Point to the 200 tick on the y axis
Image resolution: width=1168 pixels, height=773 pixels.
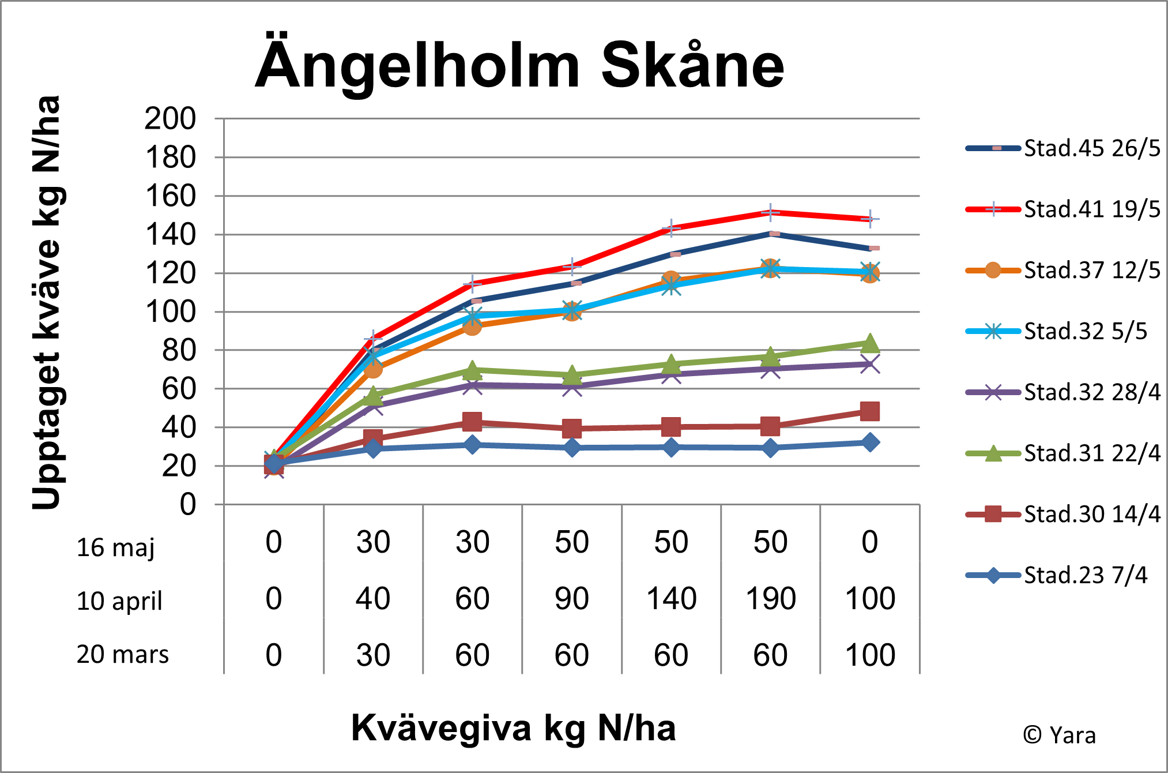pos(170,119)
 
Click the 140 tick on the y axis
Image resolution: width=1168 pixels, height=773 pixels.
pos(170,235)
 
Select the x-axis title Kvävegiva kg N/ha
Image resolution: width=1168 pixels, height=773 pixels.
pos(513,728)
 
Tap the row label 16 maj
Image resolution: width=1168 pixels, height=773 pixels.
pos(115,547)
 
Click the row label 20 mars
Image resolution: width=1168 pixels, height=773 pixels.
pos(122,655)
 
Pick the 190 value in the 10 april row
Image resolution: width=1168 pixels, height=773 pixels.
pos(771,599)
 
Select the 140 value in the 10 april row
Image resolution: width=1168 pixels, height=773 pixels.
pos(671,599)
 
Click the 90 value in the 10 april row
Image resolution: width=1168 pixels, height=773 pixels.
pos(571,599)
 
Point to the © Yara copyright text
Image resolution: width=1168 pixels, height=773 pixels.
pos(1059,736)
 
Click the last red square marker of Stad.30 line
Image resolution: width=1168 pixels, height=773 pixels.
pos(869,411)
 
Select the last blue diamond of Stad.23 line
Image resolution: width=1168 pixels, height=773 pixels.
pos(869,442)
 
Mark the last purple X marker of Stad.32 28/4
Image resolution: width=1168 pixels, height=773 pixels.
pos(869,365)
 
